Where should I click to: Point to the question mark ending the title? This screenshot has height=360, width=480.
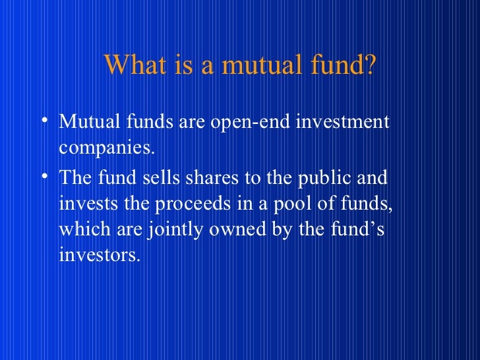pyautogui.click(x=368, y=65)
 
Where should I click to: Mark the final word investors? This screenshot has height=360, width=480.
pyautogui.click(x=100, y=255)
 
